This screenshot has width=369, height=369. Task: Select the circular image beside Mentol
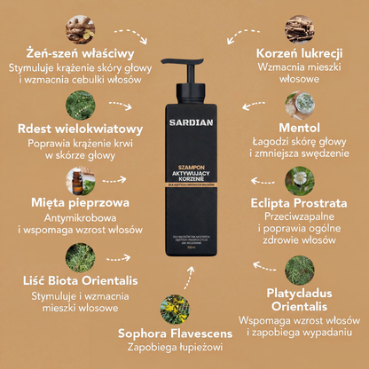point(306,101)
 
